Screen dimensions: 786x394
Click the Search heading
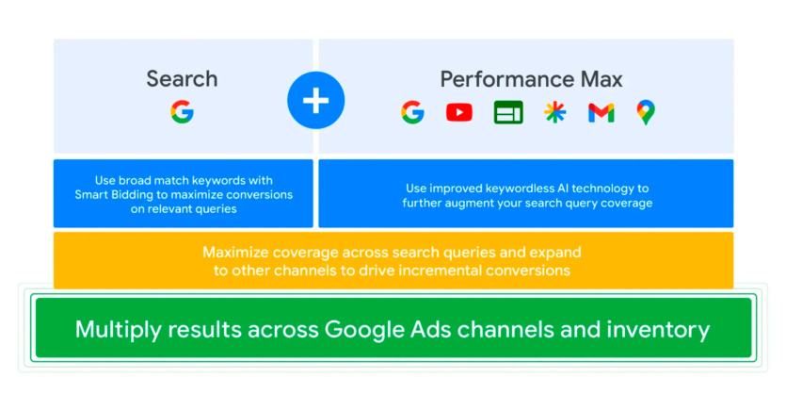pyautogui.click(x=182, y=79)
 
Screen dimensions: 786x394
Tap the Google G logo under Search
pyautogui.click(x=182, y=111)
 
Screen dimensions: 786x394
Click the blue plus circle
pyautogui.click(x=315, y=100)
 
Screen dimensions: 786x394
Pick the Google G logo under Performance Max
pyautogui.click(x=412, y=112)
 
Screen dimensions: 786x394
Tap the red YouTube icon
pyautogui.click(x=459, y=112)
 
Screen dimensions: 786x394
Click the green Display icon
pyautogui.click(x=508, y=112)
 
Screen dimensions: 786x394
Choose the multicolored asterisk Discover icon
pyautogui.click(x=555, y=112)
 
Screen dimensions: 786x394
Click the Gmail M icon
pyautogui.click(x=601, y=112)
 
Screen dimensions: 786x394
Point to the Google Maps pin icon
pyautogui.click(x=646, y=112)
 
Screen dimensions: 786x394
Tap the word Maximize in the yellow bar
pyautogui.click(x=236, y=252)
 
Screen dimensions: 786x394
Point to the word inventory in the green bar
pyautogui.click(x=658, y=330)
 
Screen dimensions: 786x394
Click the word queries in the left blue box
pyautogui.click(x=217, y=209)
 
